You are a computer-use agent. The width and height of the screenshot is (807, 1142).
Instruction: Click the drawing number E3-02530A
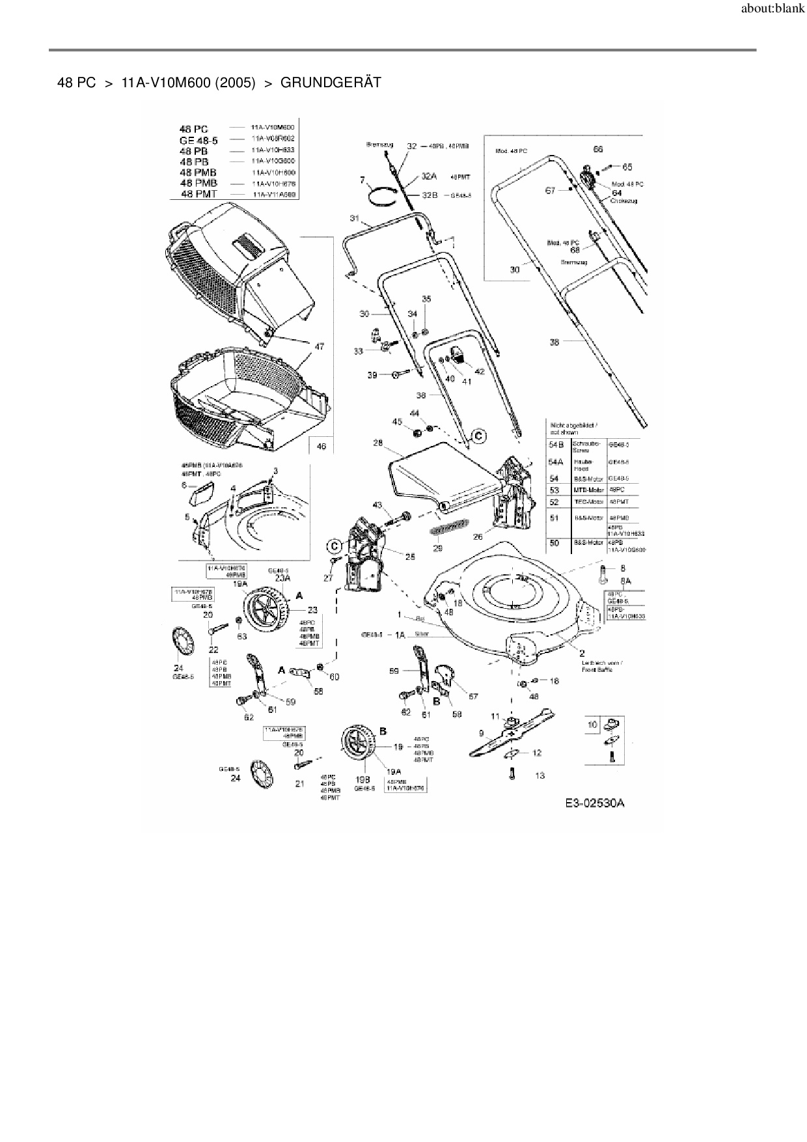coord(594,803)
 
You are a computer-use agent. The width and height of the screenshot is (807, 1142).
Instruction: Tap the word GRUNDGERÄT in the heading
coord(331,83)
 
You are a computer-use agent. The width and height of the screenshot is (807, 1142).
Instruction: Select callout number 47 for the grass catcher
coord(319,347)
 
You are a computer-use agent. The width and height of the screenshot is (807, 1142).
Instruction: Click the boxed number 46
coord(321,446)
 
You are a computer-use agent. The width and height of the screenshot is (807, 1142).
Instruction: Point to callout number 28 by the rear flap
coord(377,443)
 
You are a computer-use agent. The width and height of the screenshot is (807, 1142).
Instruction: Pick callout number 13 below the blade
coord(540,775)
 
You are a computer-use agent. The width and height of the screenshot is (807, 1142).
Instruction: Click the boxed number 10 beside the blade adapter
coord(592,724)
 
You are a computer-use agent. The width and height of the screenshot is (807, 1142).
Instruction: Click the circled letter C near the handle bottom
coord(478,436)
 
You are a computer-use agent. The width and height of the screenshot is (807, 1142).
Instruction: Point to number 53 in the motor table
coord(554,490)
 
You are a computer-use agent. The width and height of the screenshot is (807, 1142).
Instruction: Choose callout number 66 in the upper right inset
coord(598,149)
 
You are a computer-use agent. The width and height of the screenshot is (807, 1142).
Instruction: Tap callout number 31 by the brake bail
coord(355,217)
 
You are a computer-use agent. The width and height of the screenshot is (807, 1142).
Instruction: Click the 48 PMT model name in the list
coord(199,194)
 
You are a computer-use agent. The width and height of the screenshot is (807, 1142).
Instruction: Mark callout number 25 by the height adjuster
coord(410,556)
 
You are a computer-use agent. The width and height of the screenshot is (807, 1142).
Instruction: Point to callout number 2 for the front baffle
coord(581,652)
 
